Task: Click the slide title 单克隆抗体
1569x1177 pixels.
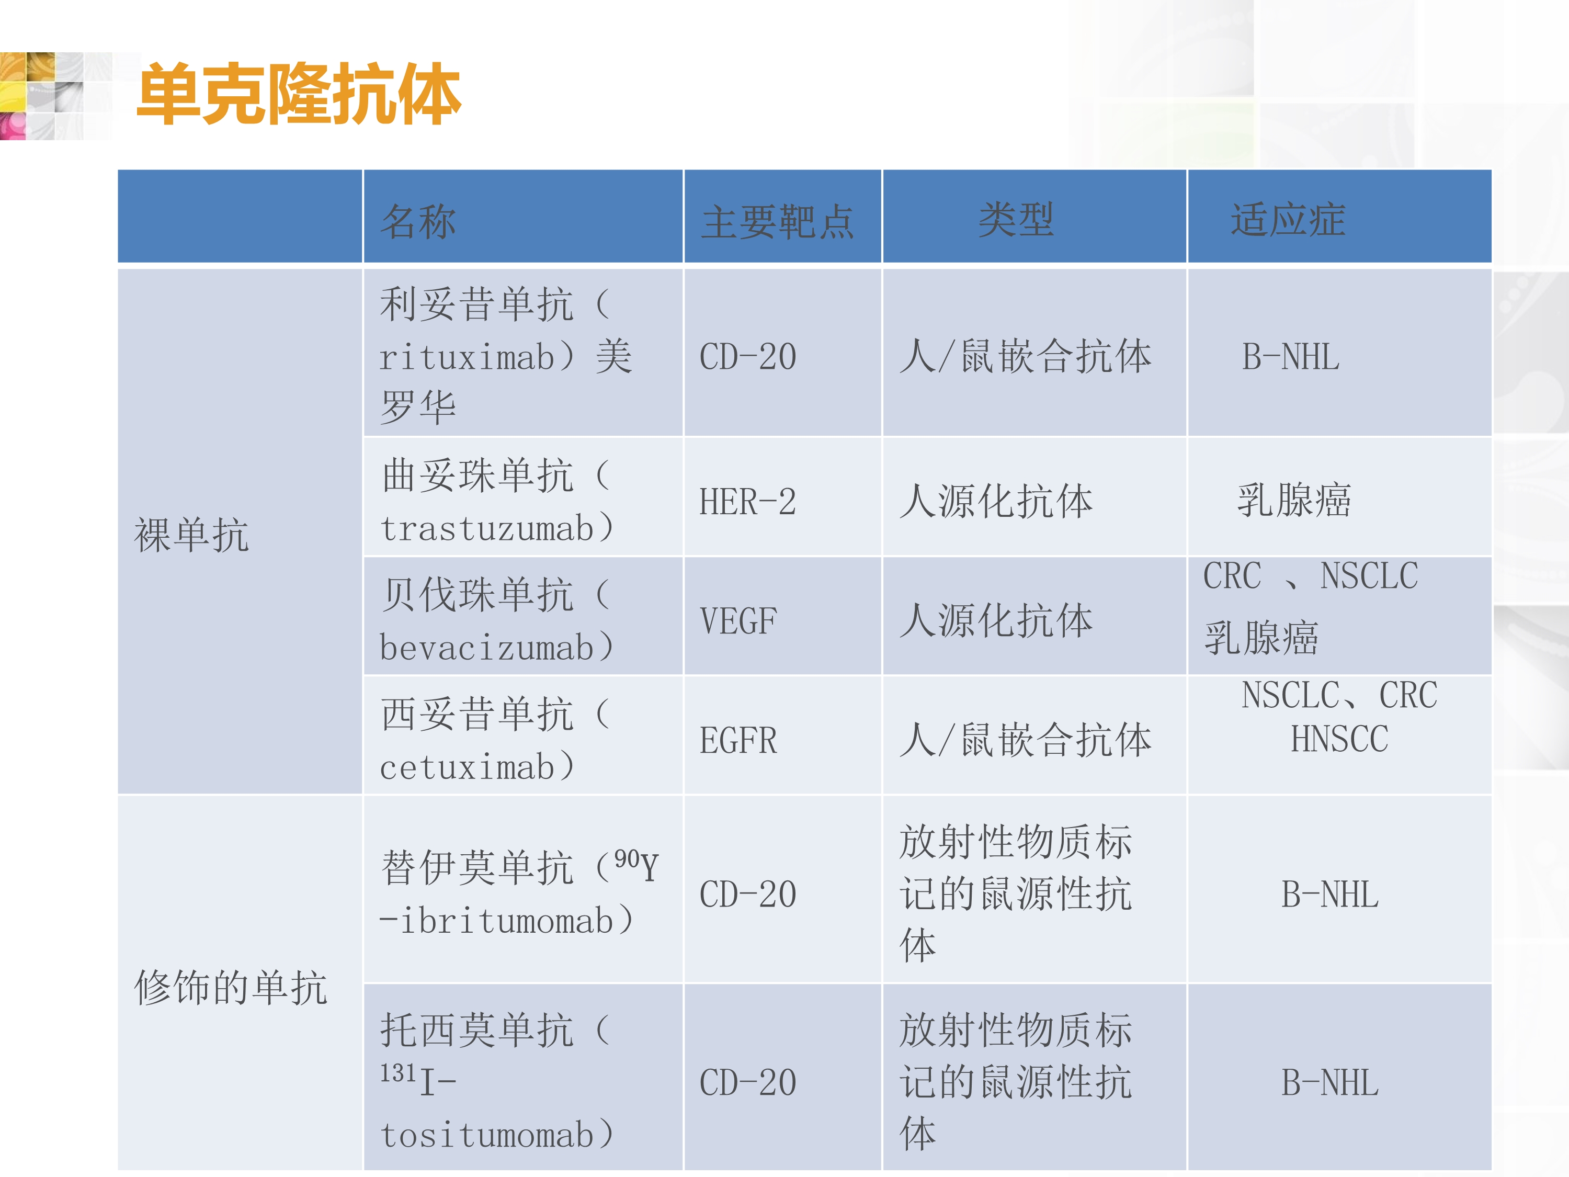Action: (x=299, y=94)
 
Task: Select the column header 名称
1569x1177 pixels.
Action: (x=418, y=221)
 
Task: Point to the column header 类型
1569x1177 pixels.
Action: (x=1016, y=219)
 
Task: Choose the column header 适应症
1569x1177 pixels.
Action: (x=1288, y=219)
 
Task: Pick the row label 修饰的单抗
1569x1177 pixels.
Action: (x=231, y=987)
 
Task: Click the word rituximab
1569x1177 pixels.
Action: (x=467, y=357)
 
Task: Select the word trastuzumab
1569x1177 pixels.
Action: (x=486, y=528)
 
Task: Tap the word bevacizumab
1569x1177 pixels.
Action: (x=486, y=647)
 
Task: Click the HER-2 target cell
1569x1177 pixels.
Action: (x=747, y=502)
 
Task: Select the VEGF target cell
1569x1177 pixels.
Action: (x=738, y=621)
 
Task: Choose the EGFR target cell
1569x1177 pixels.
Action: (x=738, y=741)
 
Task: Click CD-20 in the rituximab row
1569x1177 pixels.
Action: (x=747, y=356)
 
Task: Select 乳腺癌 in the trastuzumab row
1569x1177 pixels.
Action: (x=1294, y=500)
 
